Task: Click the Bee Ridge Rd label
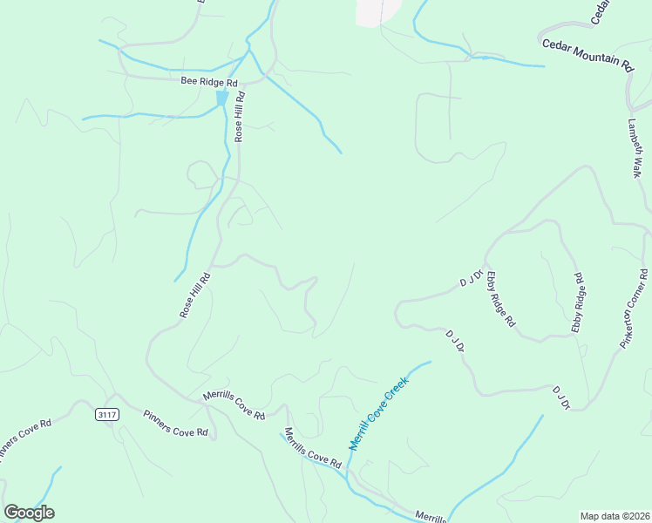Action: pos(208,82)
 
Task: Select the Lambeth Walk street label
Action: pos(635,148)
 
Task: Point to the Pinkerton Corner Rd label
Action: pos(635,309)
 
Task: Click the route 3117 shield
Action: pos(107,415)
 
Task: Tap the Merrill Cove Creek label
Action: pos(378,412)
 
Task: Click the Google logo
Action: pos(29,513)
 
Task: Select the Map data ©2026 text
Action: pos(614,516)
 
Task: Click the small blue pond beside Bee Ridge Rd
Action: pos(222,98)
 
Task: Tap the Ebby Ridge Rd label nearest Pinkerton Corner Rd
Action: pos(577,302)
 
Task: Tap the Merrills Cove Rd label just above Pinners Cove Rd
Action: pos(234,405)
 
